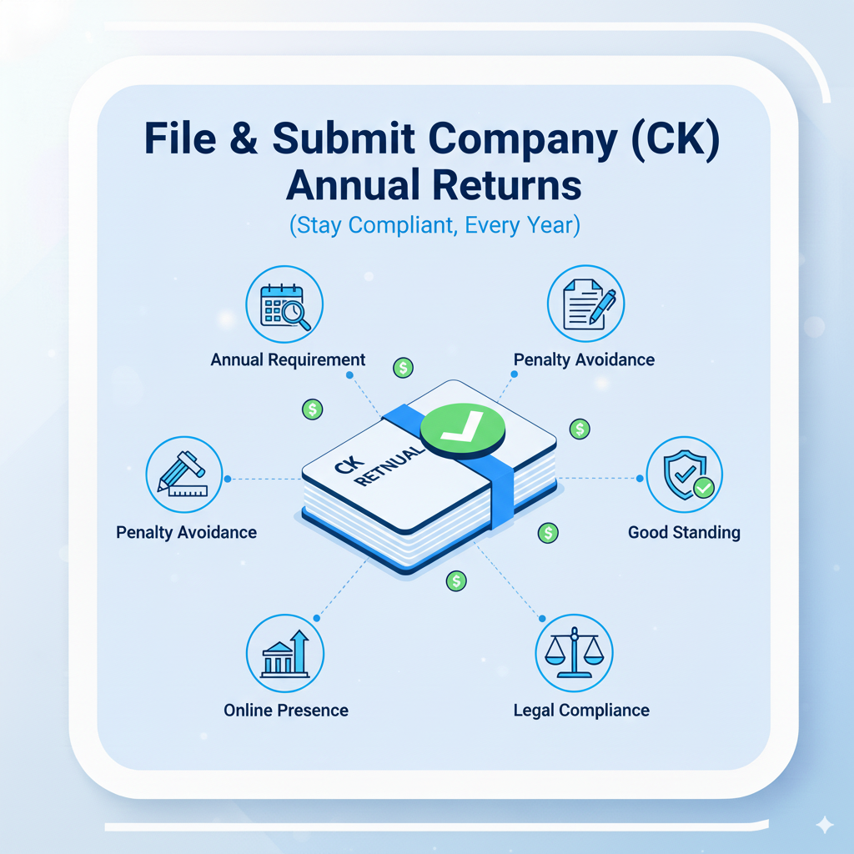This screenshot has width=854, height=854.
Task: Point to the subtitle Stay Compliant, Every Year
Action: point(434,226)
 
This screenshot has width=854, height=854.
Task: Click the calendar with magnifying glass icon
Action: point(285,304)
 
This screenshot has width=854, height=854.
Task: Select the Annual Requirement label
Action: point(288,360)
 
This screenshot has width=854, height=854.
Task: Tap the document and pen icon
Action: point(585,304)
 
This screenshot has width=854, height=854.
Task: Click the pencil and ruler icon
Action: point(184,475)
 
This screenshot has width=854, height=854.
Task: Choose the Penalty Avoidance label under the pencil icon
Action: point(187,532)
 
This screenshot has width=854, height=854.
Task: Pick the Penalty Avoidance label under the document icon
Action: point(584,360)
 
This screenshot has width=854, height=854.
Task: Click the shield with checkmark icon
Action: point(685,475)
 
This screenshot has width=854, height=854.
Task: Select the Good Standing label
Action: point(684,532)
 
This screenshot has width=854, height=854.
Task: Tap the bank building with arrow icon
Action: point(285,654)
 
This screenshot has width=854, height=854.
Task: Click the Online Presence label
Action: point(286,711)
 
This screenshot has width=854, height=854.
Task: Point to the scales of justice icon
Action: point(575,654)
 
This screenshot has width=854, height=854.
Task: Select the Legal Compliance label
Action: point(581,711)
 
